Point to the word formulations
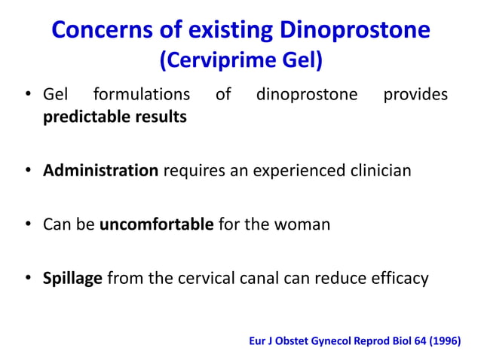tap(141, 95)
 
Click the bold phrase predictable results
tap(115, 118)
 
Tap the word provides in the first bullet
tap(415, 95)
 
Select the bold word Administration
tap(100, 170)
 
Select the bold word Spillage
tap(73, 279)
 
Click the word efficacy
tap(400, 279)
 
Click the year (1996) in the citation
tap(443, 340)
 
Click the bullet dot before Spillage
tap(29, 279)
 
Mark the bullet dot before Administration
tap(29, 170)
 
